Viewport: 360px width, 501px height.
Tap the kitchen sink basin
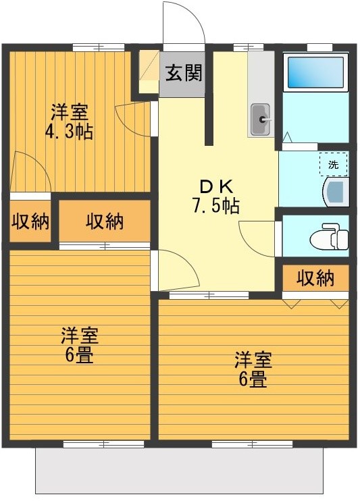tap(261, 121)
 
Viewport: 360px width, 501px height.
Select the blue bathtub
tap(315, 72)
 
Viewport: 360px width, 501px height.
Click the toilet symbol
tap(330, 238)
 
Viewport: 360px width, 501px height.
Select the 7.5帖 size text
tap(215, 207)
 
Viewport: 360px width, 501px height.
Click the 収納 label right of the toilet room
tap(315, 278)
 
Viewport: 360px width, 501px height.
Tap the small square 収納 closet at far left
tap(30, 221)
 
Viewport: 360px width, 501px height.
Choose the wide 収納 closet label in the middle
tap(105, 221)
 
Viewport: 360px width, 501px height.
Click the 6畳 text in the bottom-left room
tap(80, 355)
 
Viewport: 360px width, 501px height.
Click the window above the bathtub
tap(316, 47)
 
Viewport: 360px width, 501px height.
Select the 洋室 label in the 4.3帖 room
tap(70, 111)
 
